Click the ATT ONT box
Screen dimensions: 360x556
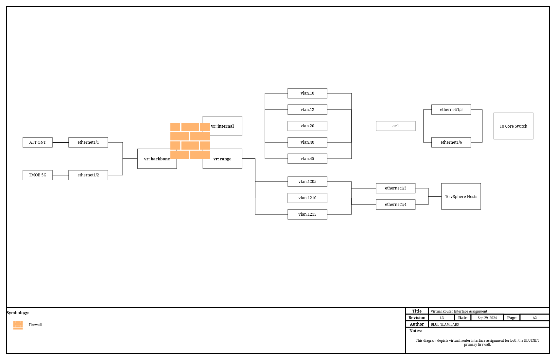pyautogui.click(x=38, y=142)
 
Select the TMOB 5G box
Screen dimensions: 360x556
pyautogui.click(x=38, y=175)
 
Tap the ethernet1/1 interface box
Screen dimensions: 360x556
pyautogui.click(x=88, y=142)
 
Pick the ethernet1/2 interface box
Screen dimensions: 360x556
pyautogui.click(x=88, y=175)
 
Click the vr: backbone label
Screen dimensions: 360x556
pyautogui.click(x=157, y=159)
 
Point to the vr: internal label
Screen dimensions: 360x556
pyautogui.click(x=222, y=126)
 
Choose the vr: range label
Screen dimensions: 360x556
pyautogui.click(x=222, y=159)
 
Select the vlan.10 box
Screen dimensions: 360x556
pyautogui.click(x=307, y=93)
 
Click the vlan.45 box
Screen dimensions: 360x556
pyautogui.click(x=307, y=159)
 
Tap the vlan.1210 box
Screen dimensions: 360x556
pyautogui.click(x=307, y=198)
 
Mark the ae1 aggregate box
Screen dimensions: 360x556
pyautogui.click(x=396, y=126)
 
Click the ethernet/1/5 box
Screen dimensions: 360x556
pyautogui.click(x=451, y=110)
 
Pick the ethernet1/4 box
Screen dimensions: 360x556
pyautogui.click(x=396, y=205)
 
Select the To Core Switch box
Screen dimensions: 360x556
pyautogui.click(x=513, y=126)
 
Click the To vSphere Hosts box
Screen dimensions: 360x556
pyautogui.click(x=461, y=196)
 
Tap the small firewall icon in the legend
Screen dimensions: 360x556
pyautogui.click(x=18, y=325)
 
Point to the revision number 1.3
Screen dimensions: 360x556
pyautogui.click(x=442, y=318)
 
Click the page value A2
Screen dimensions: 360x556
pyautogui.click(x=535, y=318)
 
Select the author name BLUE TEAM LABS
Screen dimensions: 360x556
pyautogui.click(x=445, y=324)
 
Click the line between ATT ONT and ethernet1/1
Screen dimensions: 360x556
pyautogui.click(x=61, y=142)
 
